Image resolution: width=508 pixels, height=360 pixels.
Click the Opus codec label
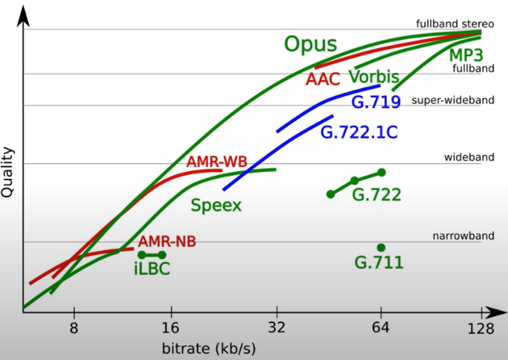click(311, 45)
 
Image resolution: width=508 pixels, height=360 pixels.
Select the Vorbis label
click(374, 77)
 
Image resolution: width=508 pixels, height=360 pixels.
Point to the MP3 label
click(466, 56)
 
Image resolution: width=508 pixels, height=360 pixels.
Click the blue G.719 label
click(376, 102)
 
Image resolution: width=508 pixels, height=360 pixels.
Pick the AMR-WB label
click(217, 162)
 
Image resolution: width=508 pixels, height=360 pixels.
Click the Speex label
click(216, 206)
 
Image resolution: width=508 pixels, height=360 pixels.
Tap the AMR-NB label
click(167, 242)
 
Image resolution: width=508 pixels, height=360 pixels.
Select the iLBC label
click(152, 269)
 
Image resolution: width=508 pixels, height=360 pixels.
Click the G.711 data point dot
click(381, 248)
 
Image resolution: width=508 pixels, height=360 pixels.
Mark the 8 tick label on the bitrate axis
click(74, 328)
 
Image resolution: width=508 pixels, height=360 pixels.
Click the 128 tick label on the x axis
click(481, 328)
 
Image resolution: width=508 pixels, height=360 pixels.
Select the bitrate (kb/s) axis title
click(208, 349)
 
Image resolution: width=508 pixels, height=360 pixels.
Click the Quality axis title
click(8, 173)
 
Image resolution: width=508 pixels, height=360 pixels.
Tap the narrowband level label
click(463, 236)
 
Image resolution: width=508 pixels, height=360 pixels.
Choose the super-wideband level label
click(452, 100)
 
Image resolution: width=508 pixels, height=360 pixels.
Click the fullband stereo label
click(455, 24)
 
